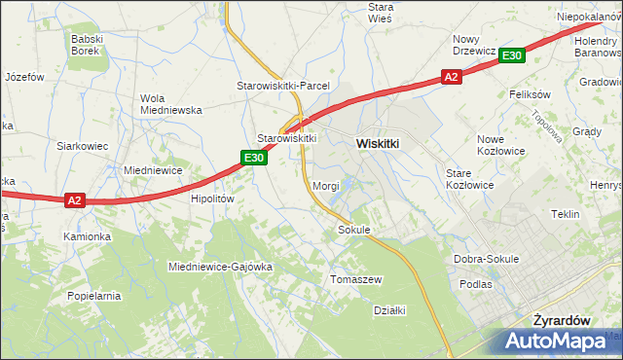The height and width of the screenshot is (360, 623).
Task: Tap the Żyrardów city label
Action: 564,319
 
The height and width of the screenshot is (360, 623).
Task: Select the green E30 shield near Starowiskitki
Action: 254,158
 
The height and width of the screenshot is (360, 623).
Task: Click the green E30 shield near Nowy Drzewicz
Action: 513,56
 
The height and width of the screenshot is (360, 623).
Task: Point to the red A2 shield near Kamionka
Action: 76,200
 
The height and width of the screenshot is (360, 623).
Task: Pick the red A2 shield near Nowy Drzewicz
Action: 450,76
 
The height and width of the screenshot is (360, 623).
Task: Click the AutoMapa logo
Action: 562,342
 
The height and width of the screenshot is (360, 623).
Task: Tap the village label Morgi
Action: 326,185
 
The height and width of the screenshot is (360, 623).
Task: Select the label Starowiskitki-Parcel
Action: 283,86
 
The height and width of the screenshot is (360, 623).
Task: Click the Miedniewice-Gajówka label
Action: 219,267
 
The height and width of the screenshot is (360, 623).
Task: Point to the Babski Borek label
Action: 92,45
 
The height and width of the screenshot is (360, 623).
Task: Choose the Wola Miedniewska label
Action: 170,104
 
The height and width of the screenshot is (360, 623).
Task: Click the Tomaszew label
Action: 357,279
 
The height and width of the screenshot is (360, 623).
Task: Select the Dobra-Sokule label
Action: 487,259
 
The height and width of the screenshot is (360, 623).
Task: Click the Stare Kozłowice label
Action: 470,178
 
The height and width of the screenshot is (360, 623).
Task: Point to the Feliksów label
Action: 531,94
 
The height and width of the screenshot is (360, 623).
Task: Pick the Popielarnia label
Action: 93,295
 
